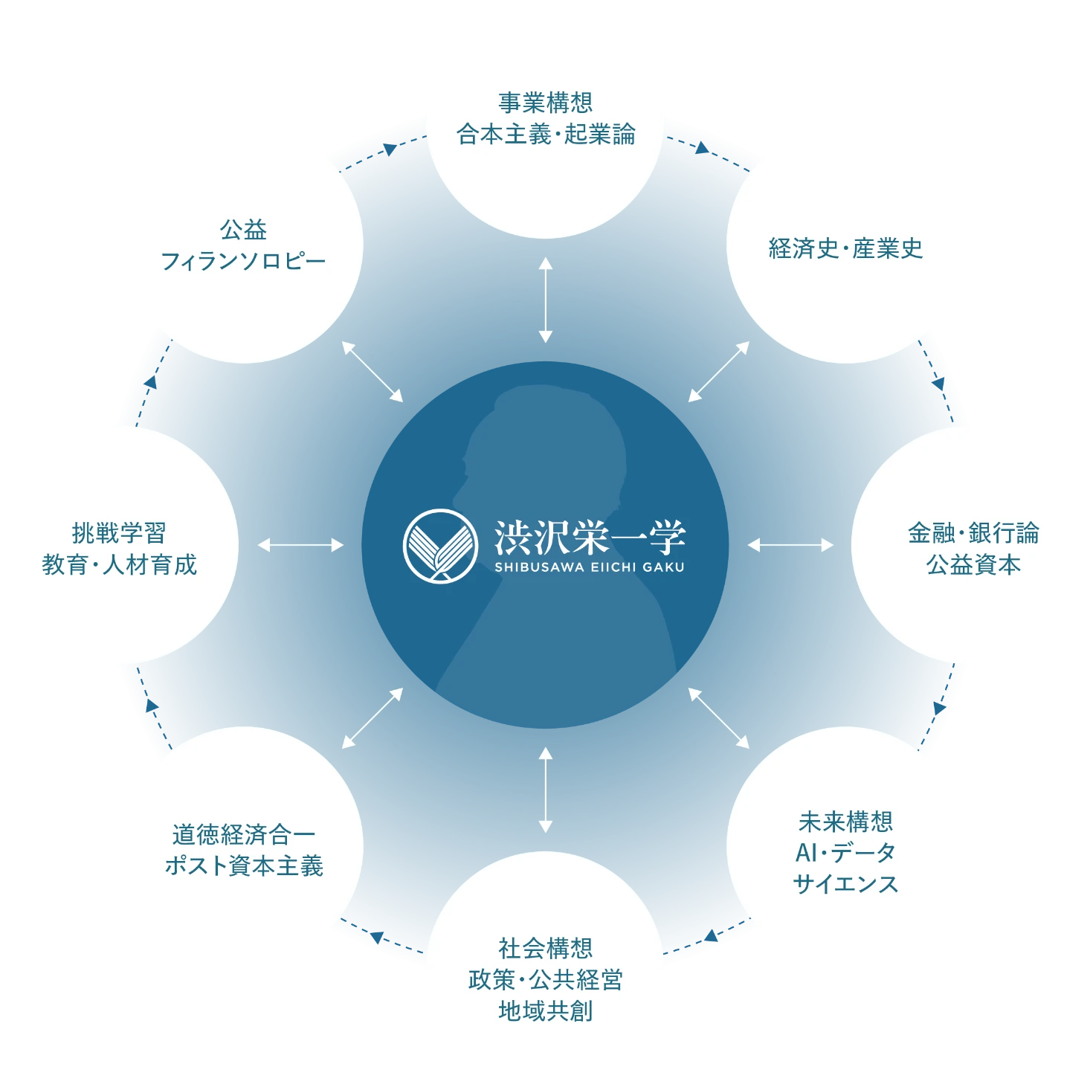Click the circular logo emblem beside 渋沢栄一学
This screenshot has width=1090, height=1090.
[440, 545]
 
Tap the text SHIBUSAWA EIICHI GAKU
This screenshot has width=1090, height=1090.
[589, 567]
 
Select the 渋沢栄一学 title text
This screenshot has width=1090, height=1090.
[589, 537]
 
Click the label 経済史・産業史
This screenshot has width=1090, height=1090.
[845, 248]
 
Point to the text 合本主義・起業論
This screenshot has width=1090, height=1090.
[545, 135]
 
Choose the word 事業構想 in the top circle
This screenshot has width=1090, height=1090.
[545, 103]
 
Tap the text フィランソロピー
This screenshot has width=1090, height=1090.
[243, 262]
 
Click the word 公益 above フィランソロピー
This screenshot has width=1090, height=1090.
[243, 230]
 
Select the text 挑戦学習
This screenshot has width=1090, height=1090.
[119, 532]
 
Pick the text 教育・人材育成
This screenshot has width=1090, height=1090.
[119, 565]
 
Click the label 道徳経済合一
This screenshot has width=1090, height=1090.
[243, 834]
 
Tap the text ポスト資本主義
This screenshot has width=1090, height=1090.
[243, 866]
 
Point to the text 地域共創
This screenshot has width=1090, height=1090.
[545, 1011]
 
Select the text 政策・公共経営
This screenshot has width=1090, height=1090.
[545, 980]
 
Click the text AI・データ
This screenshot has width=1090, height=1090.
[845, 853]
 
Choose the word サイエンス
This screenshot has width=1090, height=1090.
[845, 884]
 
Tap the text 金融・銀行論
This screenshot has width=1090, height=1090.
[973, 532]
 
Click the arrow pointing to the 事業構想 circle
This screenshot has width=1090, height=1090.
[545, 300]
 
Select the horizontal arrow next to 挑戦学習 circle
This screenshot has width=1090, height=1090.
[300, 545]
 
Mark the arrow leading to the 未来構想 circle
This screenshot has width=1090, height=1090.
[718, 717]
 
